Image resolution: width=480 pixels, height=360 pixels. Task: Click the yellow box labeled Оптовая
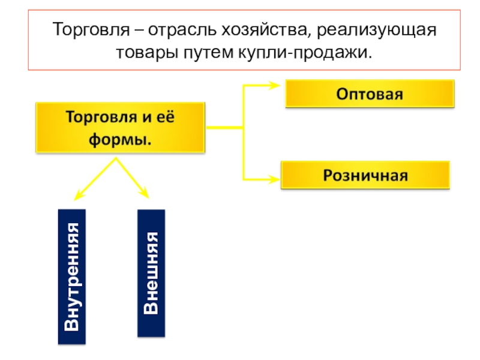(369, 95)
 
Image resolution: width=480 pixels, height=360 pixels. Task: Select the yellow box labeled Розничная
(365, 176)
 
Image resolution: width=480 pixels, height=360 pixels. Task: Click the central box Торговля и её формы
(121, 127)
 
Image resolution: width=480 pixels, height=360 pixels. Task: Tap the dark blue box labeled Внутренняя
(72, 276)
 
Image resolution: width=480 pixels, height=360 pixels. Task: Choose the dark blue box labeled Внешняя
(151, 272)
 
